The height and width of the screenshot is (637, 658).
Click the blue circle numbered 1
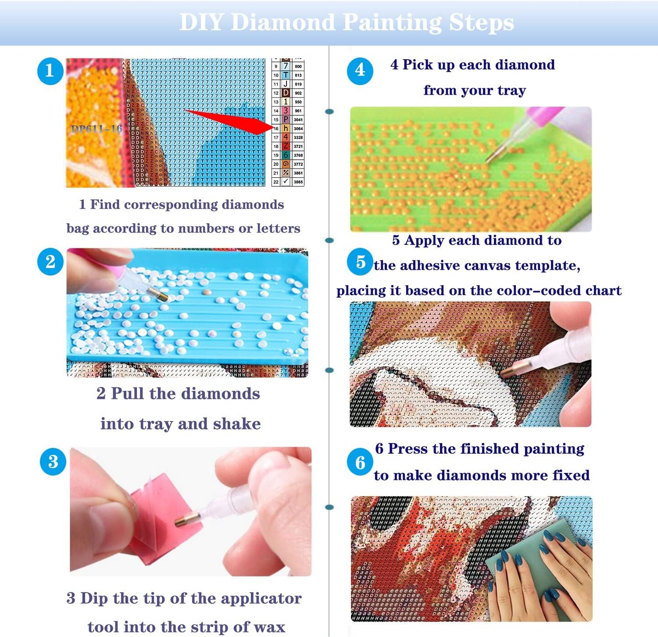(50, 71)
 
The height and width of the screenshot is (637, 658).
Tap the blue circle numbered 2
(50, 262)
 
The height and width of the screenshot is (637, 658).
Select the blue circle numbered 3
(53, 462)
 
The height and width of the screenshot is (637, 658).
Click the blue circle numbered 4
(360, 70)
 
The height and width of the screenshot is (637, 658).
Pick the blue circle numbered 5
(360, 262)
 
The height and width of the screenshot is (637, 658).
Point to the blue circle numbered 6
(360, 462)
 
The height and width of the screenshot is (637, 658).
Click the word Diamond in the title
(283, 22)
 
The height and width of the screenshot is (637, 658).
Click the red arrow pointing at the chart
(228, 120)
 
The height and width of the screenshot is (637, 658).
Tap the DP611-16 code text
(96, 129)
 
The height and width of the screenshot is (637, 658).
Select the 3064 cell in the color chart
(298, 128)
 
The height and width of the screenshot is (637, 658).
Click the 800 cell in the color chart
(298, 66)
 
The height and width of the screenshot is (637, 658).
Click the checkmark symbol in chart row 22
(286, 181)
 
